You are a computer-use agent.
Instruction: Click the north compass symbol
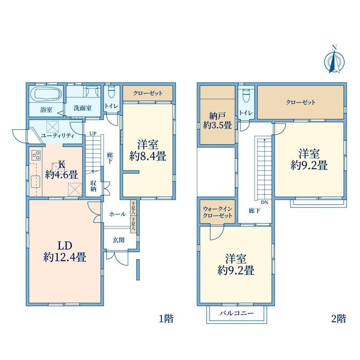point(334,60)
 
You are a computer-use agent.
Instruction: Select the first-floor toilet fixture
point(112,92)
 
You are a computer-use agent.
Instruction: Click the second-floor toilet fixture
point(246,95)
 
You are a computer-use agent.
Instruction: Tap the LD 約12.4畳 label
point(65,252)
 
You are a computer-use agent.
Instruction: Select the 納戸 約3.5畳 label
point(217,121)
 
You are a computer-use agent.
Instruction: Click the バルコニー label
point(236,313)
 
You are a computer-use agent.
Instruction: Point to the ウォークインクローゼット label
point(218,212)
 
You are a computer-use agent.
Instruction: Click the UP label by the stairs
point(93,133)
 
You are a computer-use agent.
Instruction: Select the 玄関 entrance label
point(119,240)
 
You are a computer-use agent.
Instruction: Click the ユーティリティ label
point(58,136)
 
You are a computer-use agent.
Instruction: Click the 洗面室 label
point(83,108)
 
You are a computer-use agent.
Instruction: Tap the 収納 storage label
point(93,186)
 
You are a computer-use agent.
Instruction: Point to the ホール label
point(117,214)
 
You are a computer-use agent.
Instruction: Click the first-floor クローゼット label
point(148,93)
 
